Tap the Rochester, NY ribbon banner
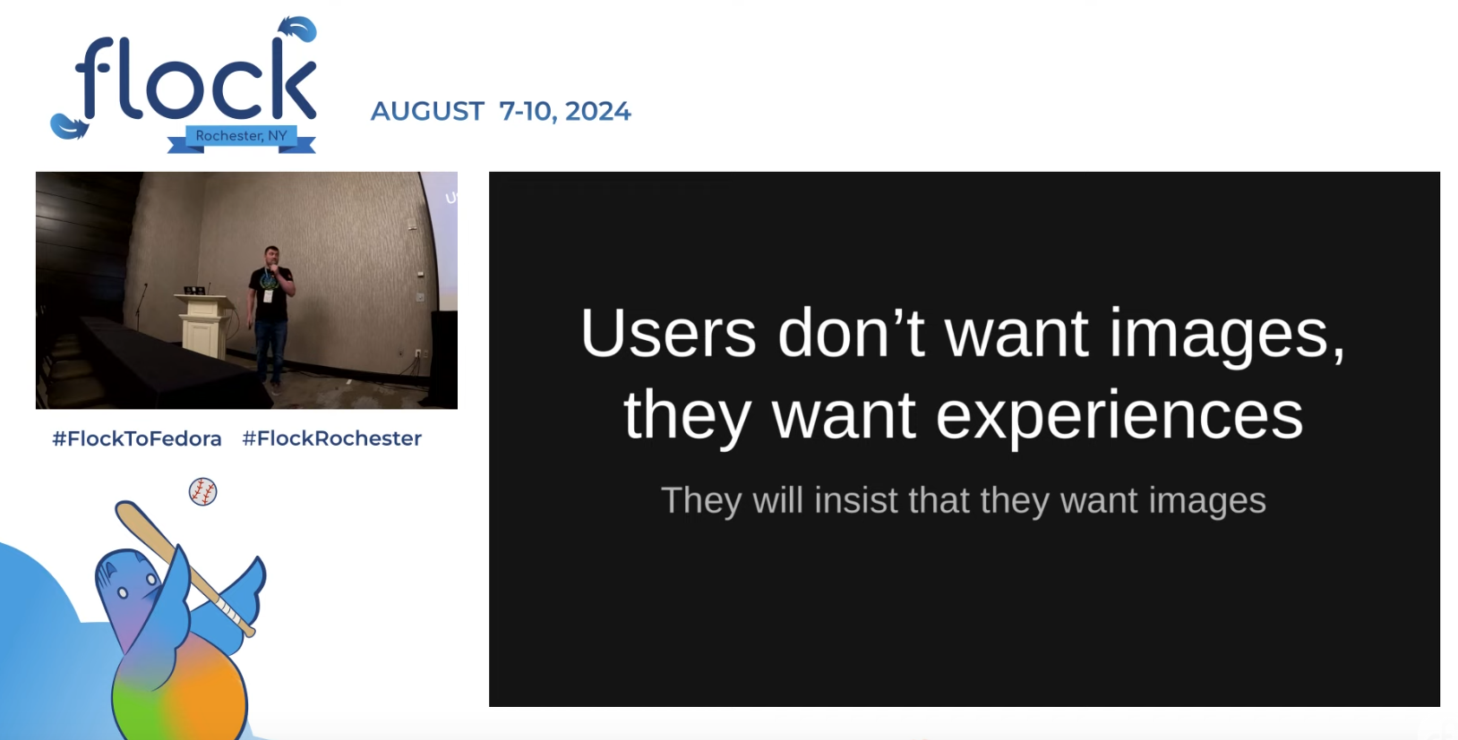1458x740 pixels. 242,138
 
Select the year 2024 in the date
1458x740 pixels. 597,111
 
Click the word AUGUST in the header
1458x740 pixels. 427,111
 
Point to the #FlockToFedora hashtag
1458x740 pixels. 137,439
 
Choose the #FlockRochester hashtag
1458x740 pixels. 332,439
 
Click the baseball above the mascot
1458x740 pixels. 203,491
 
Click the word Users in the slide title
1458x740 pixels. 668,333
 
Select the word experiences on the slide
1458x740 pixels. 1119,416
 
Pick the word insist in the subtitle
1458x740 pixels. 855,500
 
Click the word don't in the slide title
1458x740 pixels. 852,332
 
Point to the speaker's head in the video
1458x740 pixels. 272,256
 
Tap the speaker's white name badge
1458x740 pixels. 268,296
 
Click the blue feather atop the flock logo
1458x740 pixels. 298,30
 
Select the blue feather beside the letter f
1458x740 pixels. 69,126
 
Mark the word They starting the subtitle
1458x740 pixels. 701,501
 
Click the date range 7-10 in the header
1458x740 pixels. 527,111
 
